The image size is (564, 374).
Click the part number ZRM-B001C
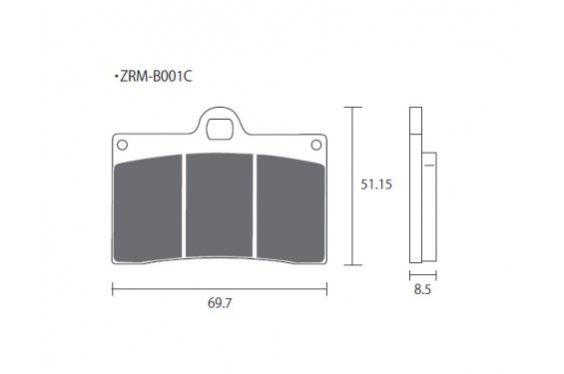(x=156, y=76)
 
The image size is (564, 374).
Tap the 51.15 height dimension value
(x=376, y=185)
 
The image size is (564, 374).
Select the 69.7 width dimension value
(x=220, y=303)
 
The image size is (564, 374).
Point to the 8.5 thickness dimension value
(x=422, y=289)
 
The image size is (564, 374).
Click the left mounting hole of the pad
(x=123, y=145)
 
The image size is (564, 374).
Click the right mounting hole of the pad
(x=316, y=145)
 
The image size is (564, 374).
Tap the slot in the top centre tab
(x=220, y=129)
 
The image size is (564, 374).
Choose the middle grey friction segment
(x=219, y=205)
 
